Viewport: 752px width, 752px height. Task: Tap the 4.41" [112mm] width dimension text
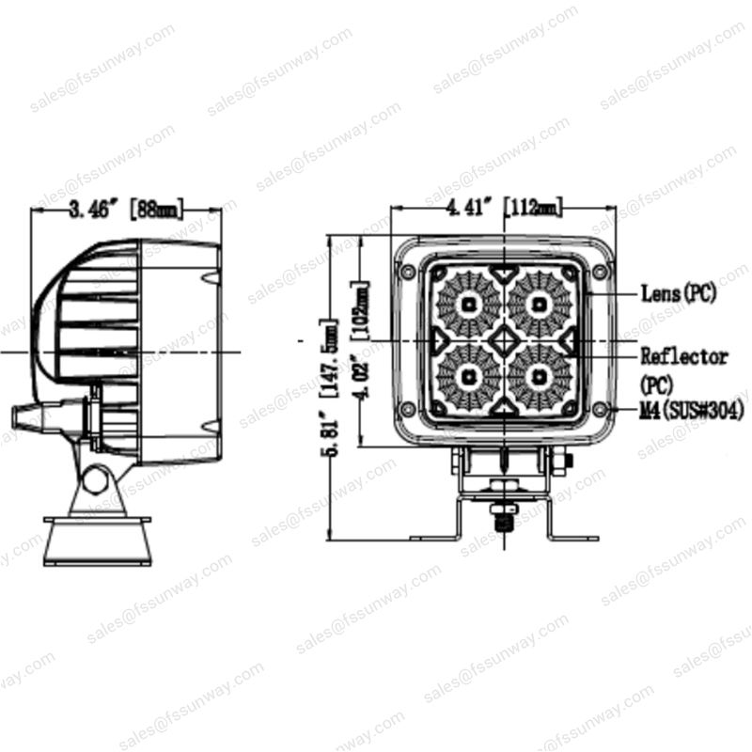pyautogui.click(x=504, y=206)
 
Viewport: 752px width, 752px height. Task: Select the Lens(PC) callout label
pyautogui.click(x=679, y=293)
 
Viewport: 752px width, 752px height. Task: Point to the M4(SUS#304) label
pyautogui.click(x=692, y=410)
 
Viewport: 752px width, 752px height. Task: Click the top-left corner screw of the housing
pyautogui.click(x=407, y=272)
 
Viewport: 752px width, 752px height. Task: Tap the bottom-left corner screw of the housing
pyautogui.click(x=407, y=410)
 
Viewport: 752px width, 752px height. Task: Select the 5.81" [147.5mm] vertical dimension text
pyautogui.click(x=329, y=390)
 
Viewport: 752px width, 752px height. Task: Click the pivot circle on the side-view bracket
pyautogui.click(x=94, y=479)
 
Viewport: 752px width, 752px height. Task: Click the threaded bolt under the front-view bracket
pyautogui.click(x=505, y=516)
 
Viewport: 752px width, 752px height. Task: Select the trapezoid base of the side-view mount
pyautogui.click(x=92, y=540)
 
